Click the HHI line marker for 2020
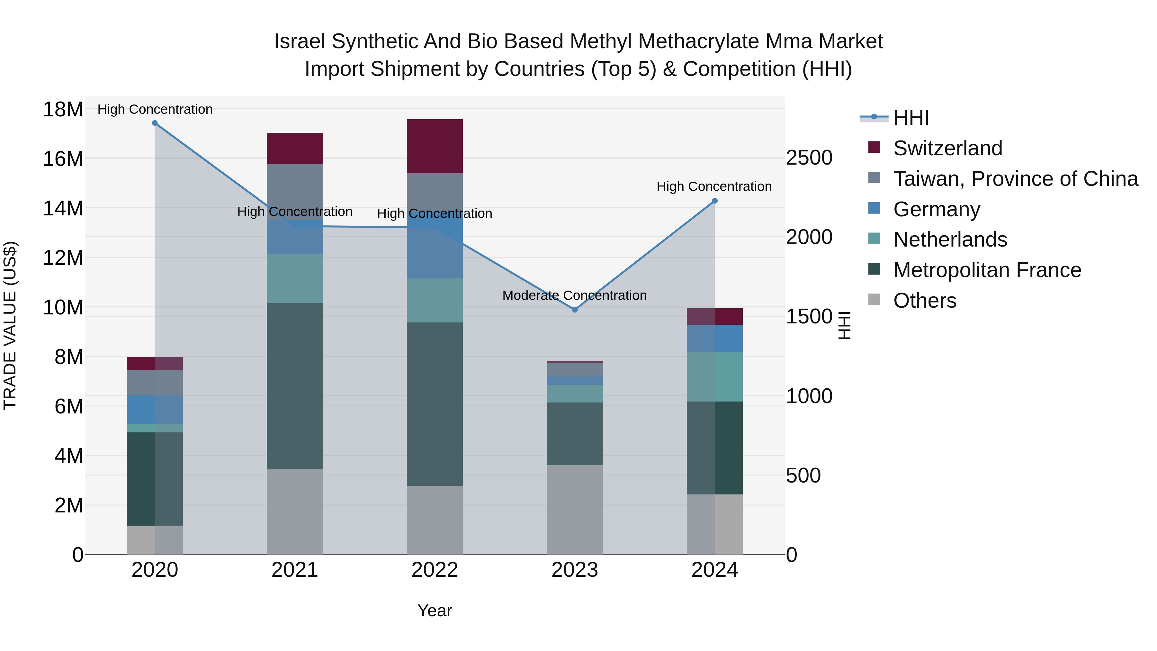(x=155, y=123)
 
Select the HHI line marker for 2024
(x=714, y=201)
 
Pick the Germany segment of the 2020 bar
(x=155, y=409)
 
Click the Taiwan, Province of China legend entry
(x=1015, y=179)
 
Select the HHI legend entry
(x=911, y=118)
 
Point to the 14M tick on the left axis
(x=63, y=208)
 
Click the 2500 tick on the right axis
(x=809, y=158)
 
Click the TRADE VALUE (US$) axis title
(x=10, y=325)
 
